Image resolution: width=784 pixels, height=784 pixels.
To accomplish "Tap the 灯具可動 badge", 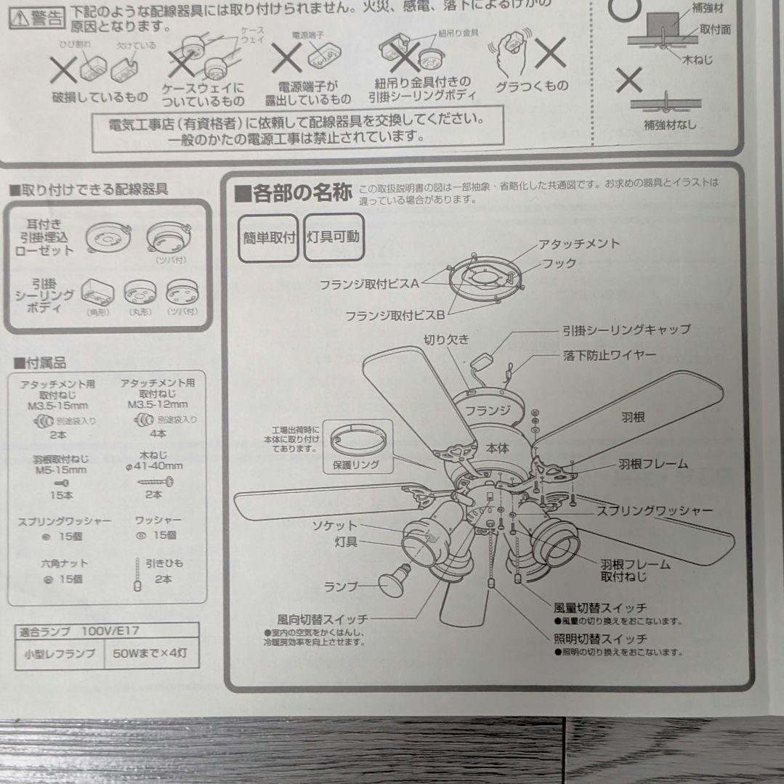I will pos(332,237).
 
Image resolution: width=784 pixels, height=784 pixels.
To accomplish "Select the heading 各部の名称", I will pos(294,193).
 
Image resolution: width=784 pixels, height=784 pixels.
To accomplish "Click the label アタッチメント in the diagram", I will pos(578,244).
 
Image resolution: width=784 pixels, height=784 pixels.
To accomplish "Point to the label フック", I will pos(559,264).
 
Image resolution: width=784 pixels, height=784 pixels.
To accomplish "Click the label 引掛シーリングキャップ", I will pos(626,330).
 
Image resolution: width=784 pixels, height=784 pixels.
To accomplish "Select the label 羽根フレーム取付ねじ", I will pos(634,570).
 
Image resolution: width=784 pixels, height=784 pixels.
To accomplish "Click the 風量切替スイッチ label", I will pos(599,608).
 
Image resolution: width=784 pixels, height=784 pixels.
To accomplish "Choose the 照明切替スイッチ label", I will pos(599,640).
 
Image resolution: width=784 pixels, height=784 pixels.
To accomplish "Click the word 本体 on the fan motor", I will pos(498,449).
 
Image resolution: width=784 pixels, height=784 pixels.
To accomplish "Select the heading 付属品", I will pos(40,363).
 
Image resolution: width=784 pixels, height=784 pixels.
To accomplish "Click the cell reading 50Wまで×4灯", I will pos(150,653).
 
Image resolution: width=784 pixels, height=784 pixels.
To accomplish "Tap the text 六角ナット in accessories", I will pos(43,563).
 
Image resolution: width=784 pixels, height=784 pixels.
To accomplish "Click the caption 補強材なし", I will pos(669,125).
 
